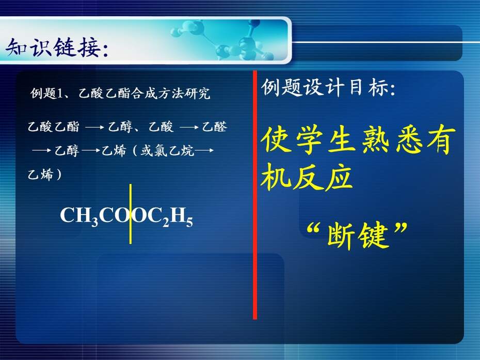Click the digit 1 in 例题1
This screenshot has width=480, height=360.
point(60,93)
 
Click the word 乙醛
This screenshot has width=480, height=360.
point(215,127)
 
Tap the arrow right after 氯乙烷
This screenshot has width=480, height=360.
point(204,150)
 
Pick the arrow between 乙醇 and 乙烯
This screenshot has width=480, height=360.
point(91,150)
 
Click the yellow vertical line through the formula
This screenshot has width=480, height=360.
point(131,214)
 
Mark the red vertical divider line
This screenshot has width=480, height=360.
point(255,195)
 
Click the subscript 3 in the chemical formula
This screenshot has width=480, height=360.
point(94,221)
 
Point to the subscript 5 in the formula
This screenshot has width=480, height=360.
point(189,222)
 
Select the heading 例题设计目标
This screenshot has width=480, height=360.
point(328,87)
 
